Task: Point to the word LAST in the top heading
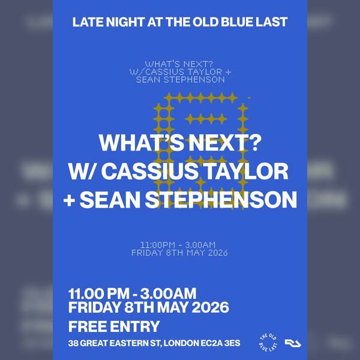[x=273, y=22]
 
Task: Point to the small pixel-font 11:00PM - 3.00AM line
[x=178, y=245]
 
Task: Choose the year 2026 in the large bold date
[x=209, y=308]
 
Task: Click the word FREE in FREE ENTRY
[x=88, y=327]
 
